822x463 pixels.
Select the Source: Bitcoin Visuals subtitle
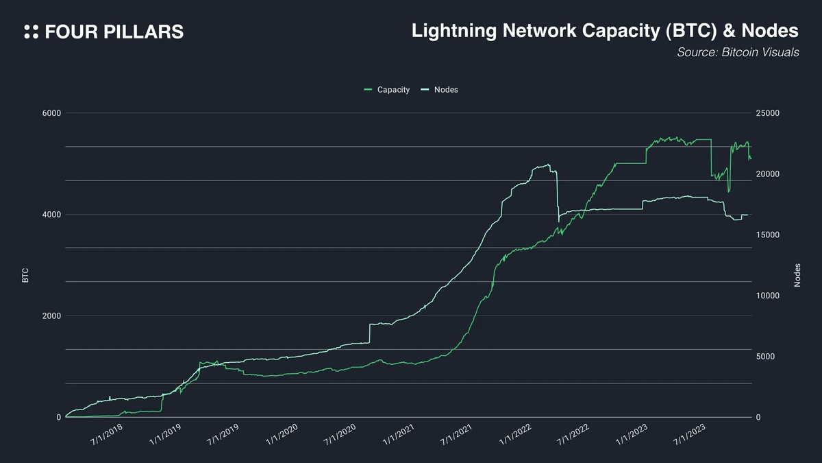click(x=738, y=52)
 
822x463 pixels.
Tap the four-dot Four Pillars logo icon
click(x=31, y=32)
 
